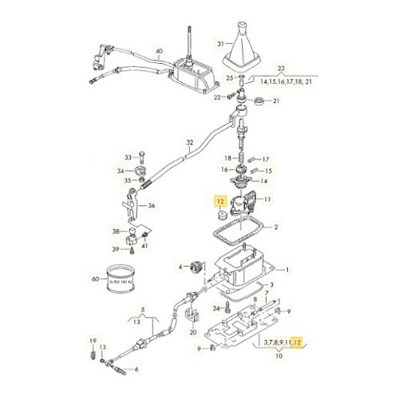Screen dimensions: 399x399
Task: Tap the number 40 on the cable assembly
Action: pos(160,52)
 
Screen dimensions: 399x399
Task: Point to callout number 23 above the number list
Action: pos(279,69)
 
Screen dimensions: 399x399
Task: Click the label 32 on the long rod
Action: pos(188,144)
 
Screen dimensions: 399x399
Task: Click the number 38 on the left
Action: pos(116,232)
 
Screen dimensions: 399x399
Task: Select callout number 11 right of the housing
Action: pos(267,199)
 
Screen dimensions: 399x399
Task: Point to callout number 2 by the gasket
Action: pos(276,227)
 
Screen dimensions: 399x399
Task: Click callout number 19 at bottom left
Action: pos(93,339)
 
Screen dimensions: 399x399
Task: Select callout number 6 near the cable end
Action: pos(136,369)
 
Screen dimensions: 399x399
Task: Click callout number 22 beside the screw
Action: pos(216,97)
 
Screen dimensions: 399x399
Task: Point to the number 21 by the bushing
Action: pos(277,101)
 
